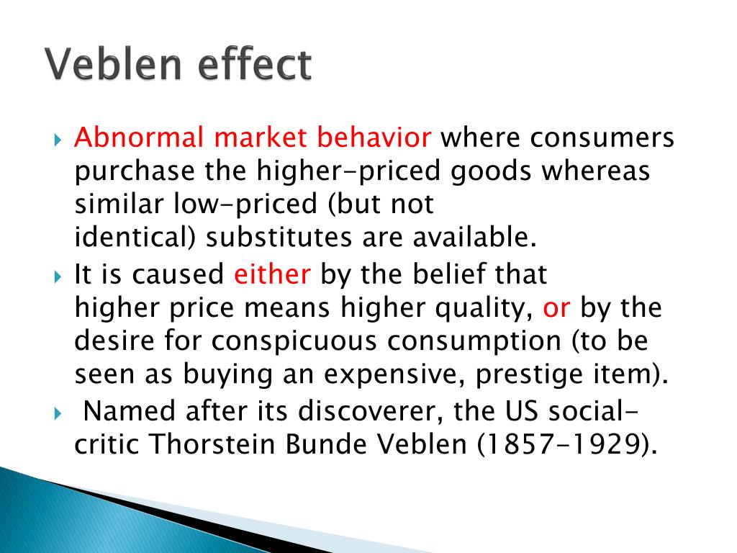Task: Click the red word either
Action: click(x=273, y=274)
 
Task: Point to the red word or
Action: click(x=557, y=308)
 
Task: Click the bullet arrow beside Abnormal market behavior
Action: click(x=59, y=138)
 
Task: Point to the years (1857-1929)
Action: click(x=567, y=444)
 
